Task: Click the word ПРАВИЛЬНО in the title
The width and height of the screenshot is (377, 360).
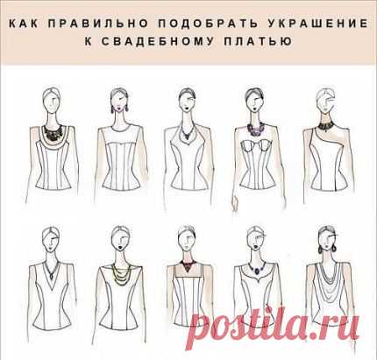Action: [98, 24]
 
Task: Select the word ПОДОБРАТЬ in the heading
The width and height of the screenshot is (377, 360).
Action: [208, 24]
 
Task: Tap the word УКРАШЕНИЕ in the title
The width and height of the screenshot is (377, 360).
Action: [318, 24]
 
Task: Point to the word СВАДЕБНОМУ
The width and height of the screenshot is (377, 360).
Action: [158, 41]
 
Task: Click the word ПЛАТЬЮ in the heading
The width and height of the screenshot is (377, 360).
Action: [259, 41]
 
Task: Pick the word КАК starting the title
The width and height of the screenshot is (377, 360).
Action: [24, 24]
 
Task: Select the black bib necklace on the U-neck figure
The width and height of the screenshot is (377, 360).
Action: [53, 132]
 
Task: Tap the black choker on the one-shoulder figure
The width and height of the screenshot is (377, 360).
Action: [324, 126]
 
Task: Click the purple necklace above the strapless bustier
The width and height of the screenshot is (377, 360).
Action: [256, 129]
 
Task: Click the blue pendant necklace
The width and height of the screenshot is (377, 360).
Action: [256, 268]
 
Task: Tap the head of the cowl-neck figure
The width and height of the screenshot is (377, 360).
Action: [326, 239]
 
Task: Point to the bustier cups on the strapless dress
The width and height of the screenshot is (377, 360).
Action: [256, 145]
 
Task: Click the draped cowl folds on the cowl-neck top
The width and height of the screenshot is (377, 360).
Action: [327, 280]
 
